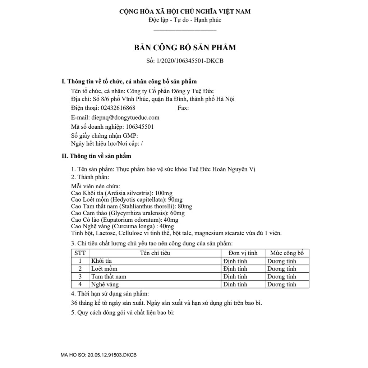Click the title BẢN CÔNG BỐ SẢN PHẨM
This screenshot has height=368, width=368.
coord(185,47)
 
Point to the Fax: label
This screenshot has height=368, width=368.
coord(183,108)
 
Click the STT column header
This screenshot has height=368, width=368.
coord(80,253)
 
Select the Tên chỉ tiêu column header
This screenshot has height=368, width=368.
coord(155,253)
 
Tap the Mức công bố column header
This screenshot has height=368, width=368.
coord(287,253)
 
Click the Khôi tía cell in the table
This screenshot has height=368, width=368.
coord(102,261)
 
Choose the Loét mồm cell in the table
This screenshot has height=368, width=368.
coord(104,268)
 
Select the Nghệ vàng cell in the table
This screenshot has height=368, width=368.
coord(105,284)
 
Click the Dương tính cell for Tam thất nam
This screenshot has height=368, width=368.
coord(281,276)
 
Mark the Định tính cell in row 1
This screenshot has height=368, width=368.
coord(235,261)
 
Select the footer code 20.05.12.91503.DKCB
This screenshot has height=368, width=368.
coord(112,355)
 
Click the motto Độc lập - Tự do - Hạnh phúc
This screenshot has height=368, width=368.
coord(185,20)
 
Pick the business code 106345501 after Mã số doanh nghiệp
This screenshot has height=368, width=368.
coord(140,126)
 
